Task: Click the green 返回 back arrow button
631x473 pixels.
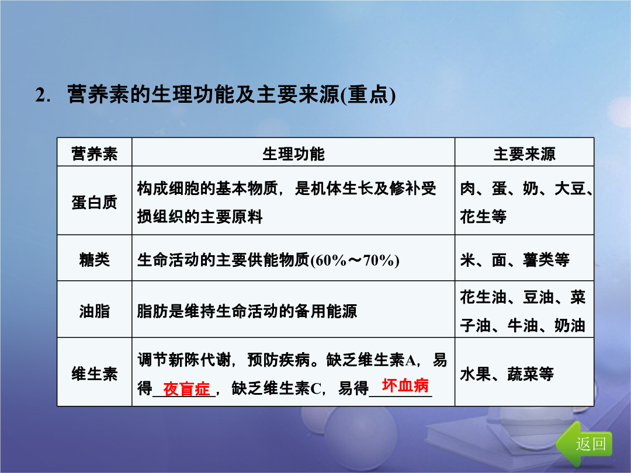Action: pyautogui.click(x=584, y=443)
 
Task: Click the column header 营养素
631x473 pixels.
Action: pyautogui.click(x=94, y=154)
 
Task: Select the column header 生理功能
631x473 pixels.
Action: pyautogui.click(x=293, y=154)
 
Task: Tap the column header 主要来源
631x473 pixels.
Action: pyautogui.click(x=524, y=154)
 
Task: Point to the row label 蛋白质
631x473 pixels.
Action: pyautogui.click(x=94, y=202)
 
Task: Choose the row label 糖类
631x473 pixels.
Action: pyautogui.click(x=94, y=259)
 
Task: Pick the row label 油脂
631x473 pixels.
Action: pyautogui.click(x=94, y=311)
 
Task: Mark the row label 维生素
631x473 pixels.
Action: pyautogui.click(x=94, y=374)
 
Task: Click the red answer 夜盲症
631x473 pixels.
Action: pyautogui.click(x=186, y=389)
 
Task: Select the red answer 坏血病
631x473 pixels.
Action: pyautogui.click(x=405, y=385)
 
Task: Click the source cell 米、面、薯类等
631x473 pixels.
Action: pyautogui.click(x=515, y=260)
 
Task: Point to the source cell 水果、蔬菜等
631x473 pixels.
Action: pyautogui.click(x=507, y=374)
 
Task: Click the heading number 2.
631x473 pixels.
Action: pyautogui.click(x=42, y=95)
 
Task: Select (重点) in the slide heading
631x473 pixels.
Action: pyautogui.click(x=368, y=95)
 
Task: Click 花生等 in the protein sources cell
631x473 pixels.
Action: pyautogui.click(x=483, y=217)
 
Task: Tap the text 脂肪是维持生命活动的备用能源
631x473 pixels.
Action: pyautogui.click(x=247, y=311)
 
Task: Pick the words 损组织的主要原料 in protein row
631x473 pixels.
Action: pyautogui.click(x=200, y=217)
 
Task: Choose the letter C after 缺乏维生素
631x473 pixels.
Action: pyautogui.click(x=316, y=388)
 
